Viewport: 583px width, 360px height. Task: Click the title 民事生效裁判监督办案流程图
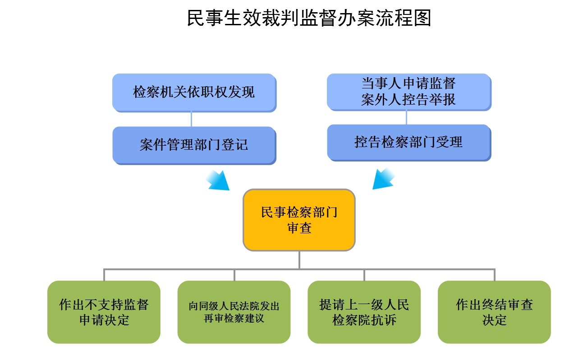point(309,18)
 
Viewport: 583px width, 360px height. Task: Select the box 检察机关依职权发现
point(194,92)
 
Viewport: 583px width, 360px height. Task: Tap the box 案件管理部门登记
point(194,145)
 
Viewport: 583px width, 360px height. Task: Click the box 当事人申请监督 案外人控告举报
point(409,92)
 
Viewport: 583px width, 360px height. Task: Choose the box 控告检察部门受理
point(409,142)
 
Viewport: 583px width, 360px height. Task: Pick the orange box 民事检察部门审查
point(299,220)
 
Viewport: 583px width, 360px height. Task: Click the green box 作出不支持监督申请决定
point(104,312)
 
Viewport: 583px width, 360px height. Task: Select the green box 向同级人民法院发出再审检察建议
point(234,312)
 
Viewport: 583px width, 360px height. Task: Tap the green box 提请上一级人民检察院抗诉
point(364,312)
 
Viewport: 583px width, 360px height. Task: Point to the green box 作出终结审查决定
point(494,312)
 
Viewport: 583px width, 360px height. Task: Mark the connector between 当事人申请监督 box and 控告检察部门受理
point(406,117)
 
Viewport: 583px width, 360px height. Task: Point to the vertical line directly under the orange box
point(299,259)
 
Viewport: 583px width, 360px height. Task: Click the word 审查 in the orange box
point(299,228)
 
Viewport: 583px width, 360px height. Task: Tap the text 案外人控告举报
point(409,100)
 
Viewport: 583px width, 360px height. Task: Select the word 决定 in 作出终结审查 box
point(494,320)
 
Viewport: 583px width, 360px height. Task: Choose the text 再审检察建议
point(234,318)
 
